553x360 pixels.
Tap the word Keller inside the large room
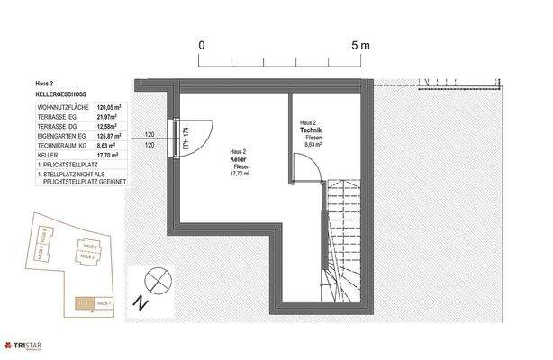pyautogui.click(x=239, y=159)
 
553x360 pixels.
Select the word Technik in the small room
pyautogui.click(x=313, y=130)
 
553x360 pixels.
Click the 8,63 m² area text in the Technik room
pyautogui.click(x=312, y=145)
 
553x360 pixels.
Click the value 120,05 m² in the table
pyautogui.click(x=113, y=105)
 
